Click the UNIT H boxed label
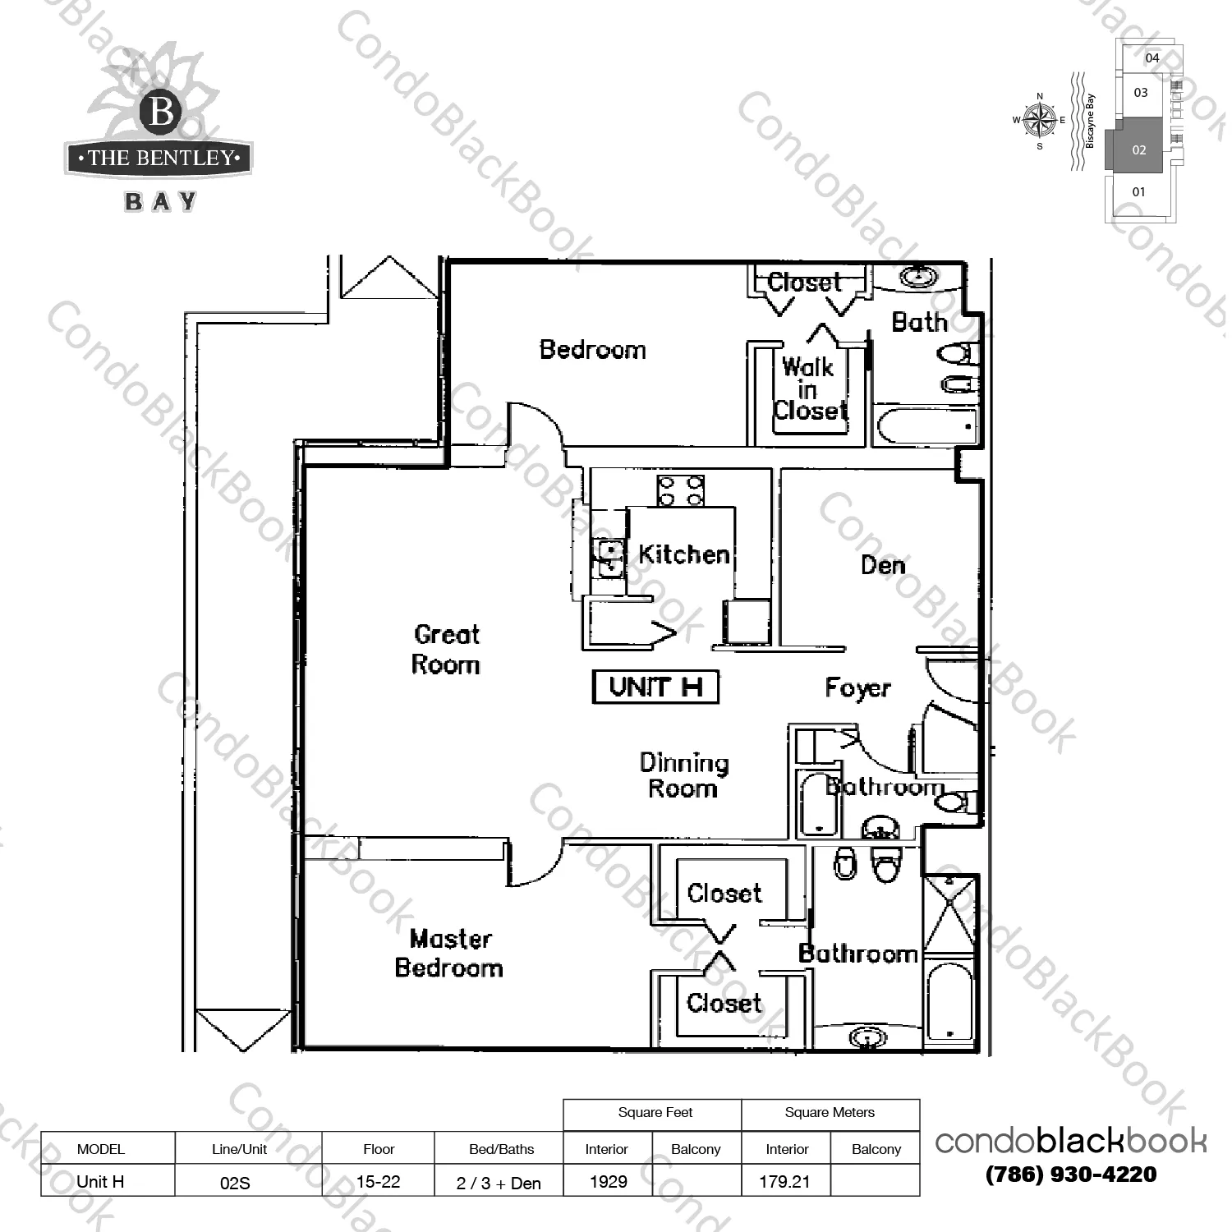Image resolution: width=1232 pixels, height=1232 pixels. tap(655, 687)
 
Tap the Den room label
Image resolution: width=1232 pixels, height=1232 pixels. tap(883, 565)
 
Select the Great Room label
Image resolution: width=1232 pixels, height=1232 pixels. tap(446, 649)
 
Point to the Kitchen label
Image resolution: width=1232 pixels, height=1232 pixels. tap(684, 554)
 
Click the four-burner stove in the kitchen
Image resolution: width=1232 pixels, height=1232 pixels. tap(680, 490)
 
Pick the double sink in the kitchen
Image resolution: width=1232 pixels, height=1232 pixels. tap(609, 558)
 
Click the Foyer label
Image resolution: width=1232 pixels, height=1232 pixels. tap(857, 688)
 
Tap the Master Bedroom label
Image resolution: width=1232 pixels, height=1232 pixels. tap(449, 953)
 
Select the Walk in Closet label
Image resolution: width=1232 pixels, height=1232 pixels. tap(809, 388)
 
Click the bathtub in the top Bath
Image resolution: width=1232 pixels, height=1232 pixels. tap(926, 425)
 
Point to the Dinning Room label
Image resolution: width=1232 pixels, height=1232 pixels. tap(684, 775)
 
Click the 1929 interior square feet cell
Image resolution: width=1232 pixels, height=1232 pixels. tap(609, 1181)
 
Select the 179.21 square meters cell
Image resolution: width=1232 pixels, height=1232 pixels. tap(785, 1181)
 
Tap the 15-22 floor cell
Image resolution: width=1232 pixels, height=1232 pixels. tap(379, 1181)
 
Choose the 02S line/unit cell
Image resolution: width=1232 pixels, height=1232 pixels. tap(236, 1183)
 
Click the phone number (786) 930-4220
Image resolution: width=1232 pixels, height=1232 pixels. tap(1071, 1175)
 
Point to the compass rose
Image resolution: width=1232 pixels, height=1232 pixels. tap(1040, 120)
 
